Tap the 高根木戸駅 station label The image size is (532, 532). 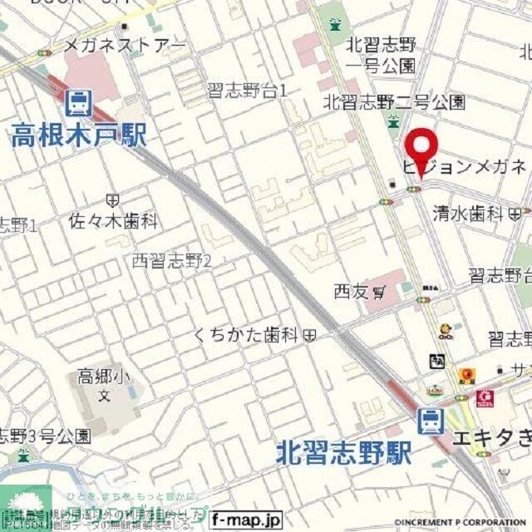[79, 134]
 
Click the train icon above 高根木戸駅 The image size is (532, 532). [79, 104]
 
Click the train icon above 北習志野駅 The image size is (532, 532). [431, 422]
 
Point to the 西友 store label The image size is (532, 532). [353, 292]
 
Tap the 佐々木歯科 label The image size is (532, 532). [113, 222]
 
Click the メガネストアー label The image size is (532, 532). [126, 44]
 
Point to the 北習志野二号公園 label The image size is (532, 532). [394, 102]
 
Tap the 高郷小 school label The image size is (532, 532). [104, 376]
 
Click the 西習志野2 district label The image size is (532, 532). [173, 261]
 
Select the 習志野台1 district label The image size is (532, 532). [247, 91]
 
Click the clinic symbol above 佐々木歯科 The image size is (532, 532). [113, 200]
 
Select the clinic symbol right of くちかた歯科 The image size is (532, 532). [309, 336]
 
